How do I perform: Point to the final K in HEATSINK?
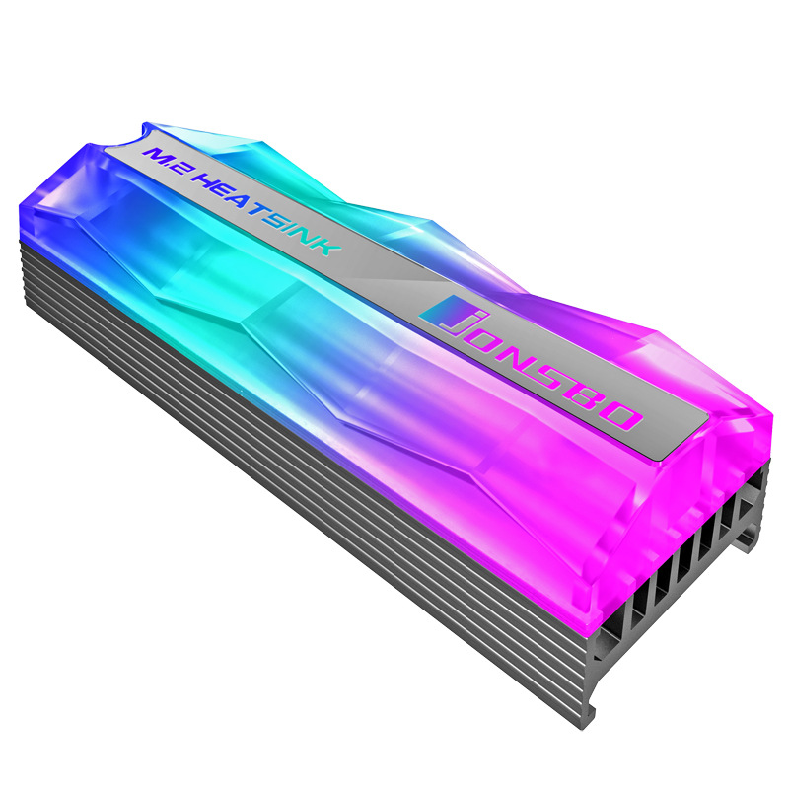[330, 247]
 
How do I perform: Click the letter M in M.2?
[158, 156]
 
